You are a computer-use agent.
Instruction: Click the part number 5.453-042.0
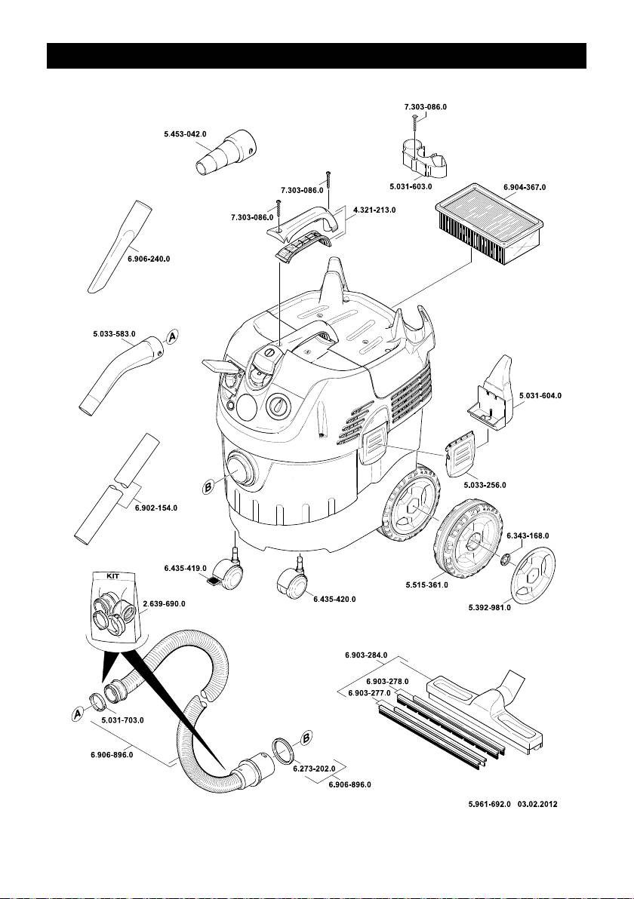(x=186, y=134)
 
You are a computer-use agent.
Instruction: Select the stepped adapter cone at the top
(x=227, y=154)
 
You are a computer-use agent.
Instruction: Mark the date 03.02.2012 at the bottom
(x=537, y=805)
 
